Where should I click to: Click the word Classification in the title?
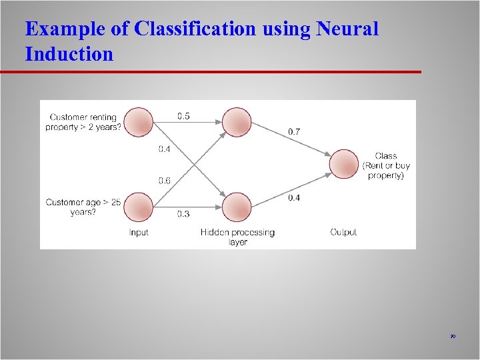[194, 29]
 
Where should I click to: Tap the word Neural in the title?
[347, 29]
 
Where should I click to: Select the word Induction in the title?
[69, 54]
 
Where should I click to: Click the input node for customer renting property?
[139, 122]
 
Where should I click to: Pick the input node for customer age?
[139, 206]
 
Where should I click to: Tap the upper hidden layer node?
[237, 122]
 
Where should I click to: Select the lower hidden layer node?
[237, 207]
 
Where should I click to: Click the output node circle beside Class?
[344, 164]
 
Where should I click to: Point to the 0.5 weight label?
[183, 116]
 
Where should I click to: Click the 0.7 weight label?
[293, 132]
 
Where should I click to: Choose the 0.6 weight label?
[164, 180]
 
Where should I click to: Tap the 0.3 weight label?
[183, 214]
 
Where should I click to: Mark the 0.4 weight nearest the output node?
[293, 198]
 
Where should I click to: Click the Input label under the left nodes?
[139, 233]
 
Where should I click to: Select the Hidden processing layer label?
[237, 237]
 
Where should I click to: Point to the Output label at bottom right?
[343, 233]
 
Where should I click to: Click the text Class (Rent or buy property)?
[386, 166]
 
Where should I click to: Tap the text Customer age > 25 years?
[83, 207]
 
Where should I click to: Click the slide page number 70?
[453, 337]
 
